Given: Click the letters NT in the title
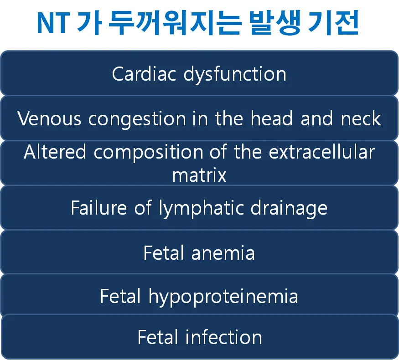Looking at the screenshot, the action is point(53,23).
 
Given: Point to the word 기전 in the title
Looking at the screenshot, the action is point(333,23).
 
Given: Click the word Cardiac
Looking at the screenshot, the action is point(144,74).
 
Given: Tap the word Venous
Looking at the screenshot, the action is point(49,118).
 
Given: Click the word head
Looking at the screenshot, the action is point(272,118).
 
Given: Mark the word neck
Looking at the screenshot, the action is point(361,118).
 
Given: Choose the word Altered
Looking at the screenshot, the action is point(55,152).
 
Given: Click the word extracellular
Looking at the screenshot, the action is point(322,152).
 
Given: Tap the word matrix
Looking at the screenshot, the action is point(199,175).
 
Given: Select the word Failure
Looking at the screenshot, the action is point(99,208).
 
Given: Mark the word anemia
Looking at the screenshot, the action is point(223,253).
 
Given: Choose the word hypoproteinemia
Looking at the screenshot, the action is point(223,297).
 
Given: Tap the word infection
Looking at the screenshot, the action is point(224,337).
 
